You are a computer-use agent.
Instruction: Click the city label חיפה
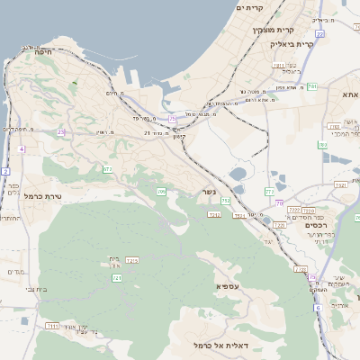pos(42,53)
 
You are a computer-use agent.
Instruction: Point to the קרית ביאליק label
pos(293,42)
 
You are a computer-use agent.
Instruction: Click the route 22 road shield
pos(319,33)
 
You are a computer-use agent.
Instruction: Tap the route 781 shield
pos(311,86)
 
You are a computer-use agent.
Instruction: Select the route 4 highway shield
pos(21,148)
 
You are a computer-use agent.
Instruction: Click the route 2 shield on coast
pos(5,171)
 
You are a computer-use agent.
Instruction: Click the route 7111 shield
pos(52,326)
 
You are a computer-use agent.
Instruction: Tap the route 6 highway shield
pos(318,308)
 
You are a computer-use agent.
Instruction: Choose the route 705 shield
pos(162,192)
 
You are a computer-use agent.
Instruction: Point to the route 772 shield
pos(269,192)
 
